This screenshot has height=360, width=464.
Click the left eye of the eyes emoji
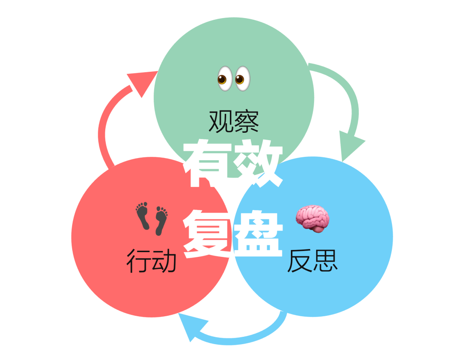(x=225, y=79)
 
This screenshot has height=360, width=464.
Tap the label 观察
(x=234, y=121)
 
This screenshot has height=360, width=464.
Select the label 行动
(x=151, y=261)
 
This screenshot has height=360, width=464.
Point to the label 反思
(x=312, y=260)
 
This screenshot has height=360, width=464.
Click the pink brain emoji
(x=313, y=218)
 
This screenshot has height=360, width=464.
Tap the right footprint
(x=161, y=220)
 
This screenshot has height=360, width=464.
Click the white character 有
(x=208, y=163)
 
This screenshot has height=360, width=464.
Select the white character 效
(x=258, y=163)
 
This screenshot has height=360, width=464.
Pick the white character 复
(x=208, y=234)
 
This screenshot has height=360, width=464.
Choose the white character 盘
(x=258, y=234)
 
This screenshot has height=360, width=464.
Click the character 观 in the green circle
(x=221, y=121)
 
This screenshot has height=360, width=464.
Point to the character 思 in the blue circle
(x=325, y=260)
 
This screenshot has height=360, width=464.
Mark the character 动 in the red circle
(x=164, y=261)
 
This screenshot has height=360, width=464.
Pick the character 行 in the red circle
(x=138, y=261)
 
